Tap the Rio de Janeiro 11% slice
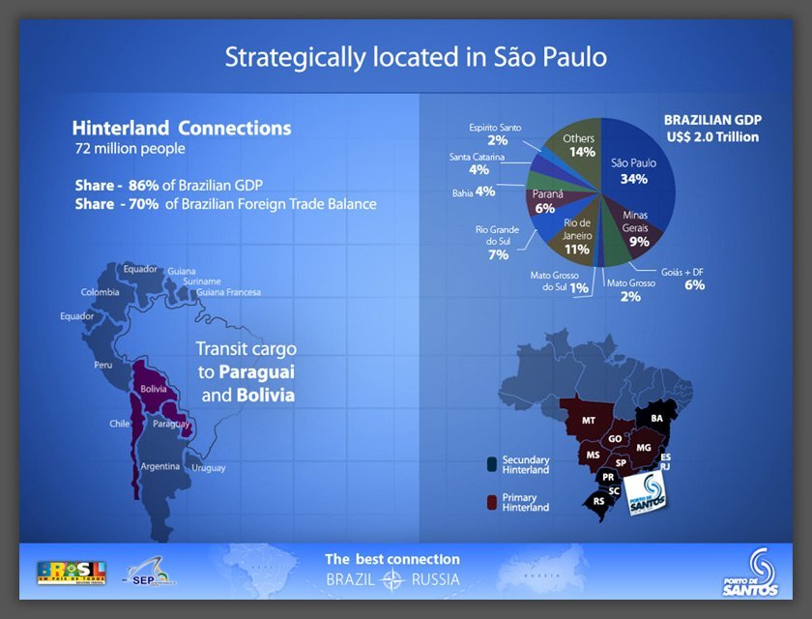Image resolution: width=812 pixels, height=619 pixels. (x=577, y=235)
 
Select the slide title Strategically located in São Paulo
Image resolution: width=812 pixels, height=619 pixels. (x=416, y=56)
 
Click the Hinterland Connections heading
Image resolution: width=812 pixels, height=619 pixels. (x=182, y=128)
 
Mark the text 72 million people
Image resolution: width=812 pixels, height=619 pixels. (x=130, y=150)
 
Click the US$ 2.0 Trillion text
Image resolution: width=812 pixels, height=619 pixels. (x=711, y=137)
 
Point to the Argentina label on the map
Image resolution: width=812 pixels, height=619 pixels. (x=159, y=466)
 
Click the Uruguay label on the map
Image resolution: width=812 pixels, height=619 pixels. (x=209, y=468)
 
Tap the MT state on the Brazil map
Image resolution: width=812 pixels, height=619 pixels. (x=589, y=421)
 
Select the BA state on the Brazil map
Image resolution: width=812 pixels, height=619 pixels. (x=657, y=417)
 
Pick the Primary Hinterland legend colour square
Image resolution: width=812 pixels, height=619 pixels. (x=492, y=502)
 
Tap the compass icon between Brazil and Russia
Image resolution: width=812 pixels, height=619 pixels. (x=392, y=580)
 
